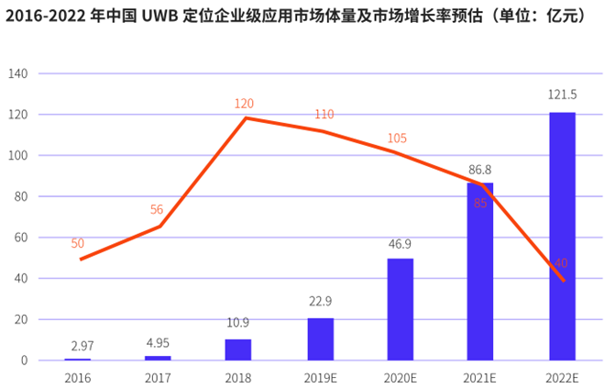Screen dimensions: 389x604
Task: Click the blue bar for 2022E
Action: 562,236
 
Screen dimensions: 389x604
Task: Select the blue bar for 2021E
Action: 480,272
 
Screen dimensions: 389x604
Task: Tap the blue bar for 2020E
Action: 400,309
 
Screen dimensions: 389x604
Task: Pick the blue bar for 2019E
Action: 320,339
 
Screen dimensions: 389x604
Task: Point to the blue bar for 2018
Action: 238,350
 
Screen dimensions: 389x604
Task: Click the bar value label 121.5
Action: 562,96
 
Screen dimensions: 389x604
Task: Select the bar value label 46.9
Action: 400,244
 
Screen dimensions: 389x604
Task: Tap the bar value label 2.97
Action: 82,345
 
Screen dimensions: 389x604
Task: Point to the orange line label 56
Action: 157,210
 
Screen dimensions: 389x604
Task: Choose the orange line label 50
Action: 77,243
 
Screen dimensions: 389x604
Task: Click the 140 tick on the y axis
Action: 18,73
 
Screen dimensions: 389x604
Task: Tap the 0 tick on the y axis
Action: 25,361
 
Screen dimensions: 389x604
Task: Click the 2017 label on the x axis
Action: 158,375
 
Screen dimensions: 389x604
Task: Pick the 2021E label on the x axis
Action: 480,375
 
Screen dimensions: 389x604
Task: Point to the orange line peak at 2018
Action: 245,117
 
